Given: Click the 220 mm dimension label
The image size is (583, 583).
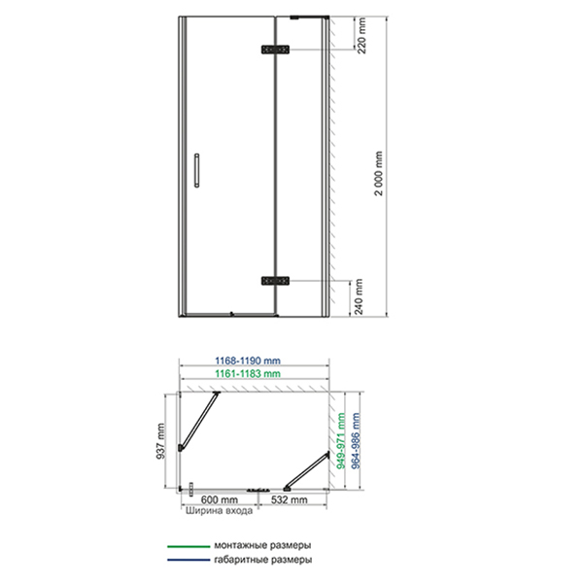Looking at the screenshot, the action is [x=361, y=35].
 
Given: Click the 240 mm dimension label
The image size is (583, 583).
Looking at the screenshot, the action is [x=359, y=296].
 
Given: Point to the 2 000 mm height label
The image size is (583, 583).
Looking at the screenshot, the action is [x=379, y=173].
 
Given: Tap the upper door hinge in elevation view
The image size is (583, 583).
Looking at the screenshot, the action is [x=275, y=50].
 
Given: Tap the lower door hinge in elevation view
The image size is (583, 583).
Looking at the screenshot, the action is [x=275, y=281].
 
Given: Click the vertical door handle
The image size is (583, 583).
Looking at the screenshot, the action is [x=196, y=170].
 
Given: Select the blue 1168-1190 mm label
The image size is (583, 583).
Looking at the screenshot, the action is [x=248, y=360].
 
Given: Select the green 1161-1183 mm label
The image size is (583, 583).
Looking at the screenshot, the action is [x=248, y=374].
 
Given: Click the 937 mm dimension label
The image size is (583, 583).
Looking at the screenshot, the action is [x=160, y=440].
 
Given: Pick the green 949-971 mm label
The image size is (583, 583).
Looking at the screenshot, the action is [x=341, y=440].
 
